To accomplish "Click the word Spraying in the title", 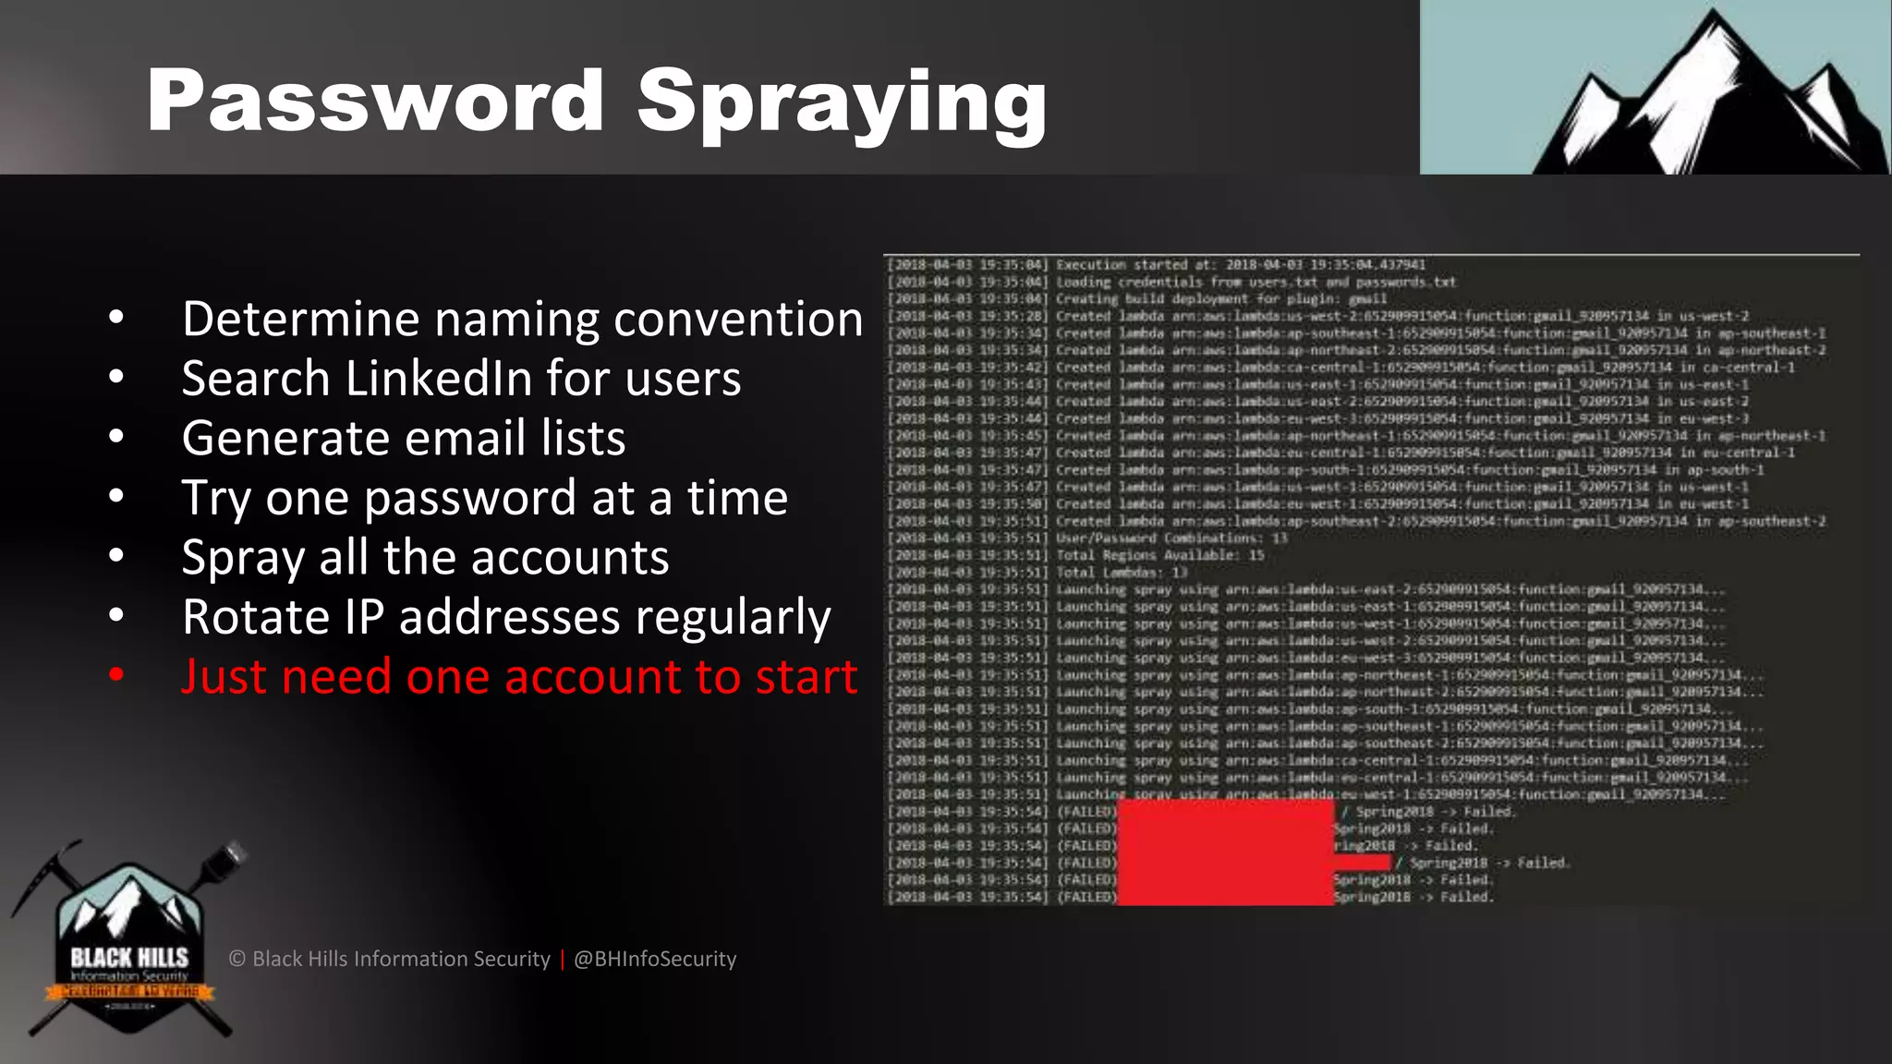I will pos(842,103).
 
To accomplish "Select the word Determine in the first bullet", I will pos(300,319).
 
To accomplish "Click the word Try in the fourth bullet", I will pos(216,499).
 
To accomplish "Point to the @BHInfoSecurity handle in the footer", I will pos(655,959).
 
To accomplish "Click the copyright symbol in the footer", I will pos(237,959).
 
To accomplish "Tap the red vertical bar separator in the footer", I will pos(562,959).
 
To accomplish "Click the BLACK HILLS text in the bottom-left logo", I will pos(129,957).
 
